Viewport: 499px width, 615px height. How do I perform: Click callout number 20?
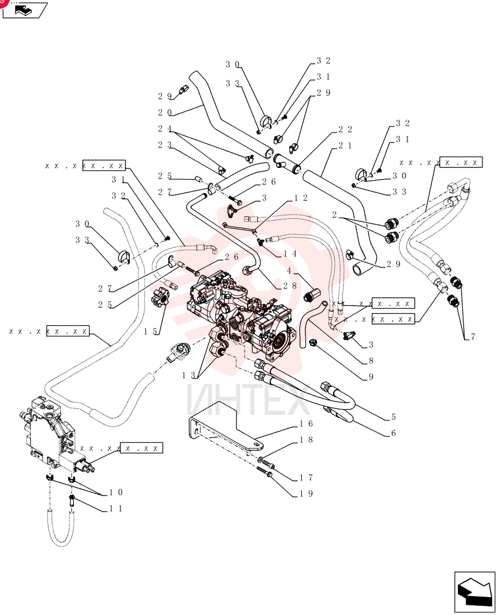[x=165, y=113]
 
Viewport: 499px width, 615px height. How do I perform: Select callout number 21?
[x=345, y=146]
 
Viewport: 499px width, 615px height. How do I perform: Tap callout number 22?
[x=345, y=129]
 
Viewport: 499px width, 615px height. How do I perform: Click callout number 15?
[x=151, y=331]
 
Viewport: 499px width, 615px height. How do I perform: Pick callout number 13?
[x=189, y=375]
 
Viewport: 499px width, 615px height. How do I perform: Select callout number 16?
[x=306, y=424]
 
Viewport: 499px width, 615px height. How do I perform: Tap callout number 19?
[x=306, y=494]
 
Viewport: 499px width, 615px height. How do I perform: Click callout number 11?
[x=116, y=509]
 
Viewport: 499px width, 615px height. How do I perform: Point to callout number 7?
[x=473, y=336]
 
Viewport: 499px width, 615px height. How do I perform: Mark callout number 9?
[x=371, y=377]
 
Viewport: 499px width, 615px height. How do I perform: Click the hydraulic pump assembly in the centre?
[x=243, y=314]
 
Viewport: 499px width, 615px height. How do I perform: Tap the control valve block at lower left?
[x=55, y=435]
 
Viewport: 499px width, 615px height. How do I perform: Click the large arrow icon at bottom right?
[x=474, y=592]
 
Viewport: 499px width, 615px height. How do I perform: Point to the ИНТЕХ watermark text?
[x=248, y=400]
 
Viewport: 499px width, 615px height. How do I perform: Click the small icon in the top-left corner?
[x=25, y=9]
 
